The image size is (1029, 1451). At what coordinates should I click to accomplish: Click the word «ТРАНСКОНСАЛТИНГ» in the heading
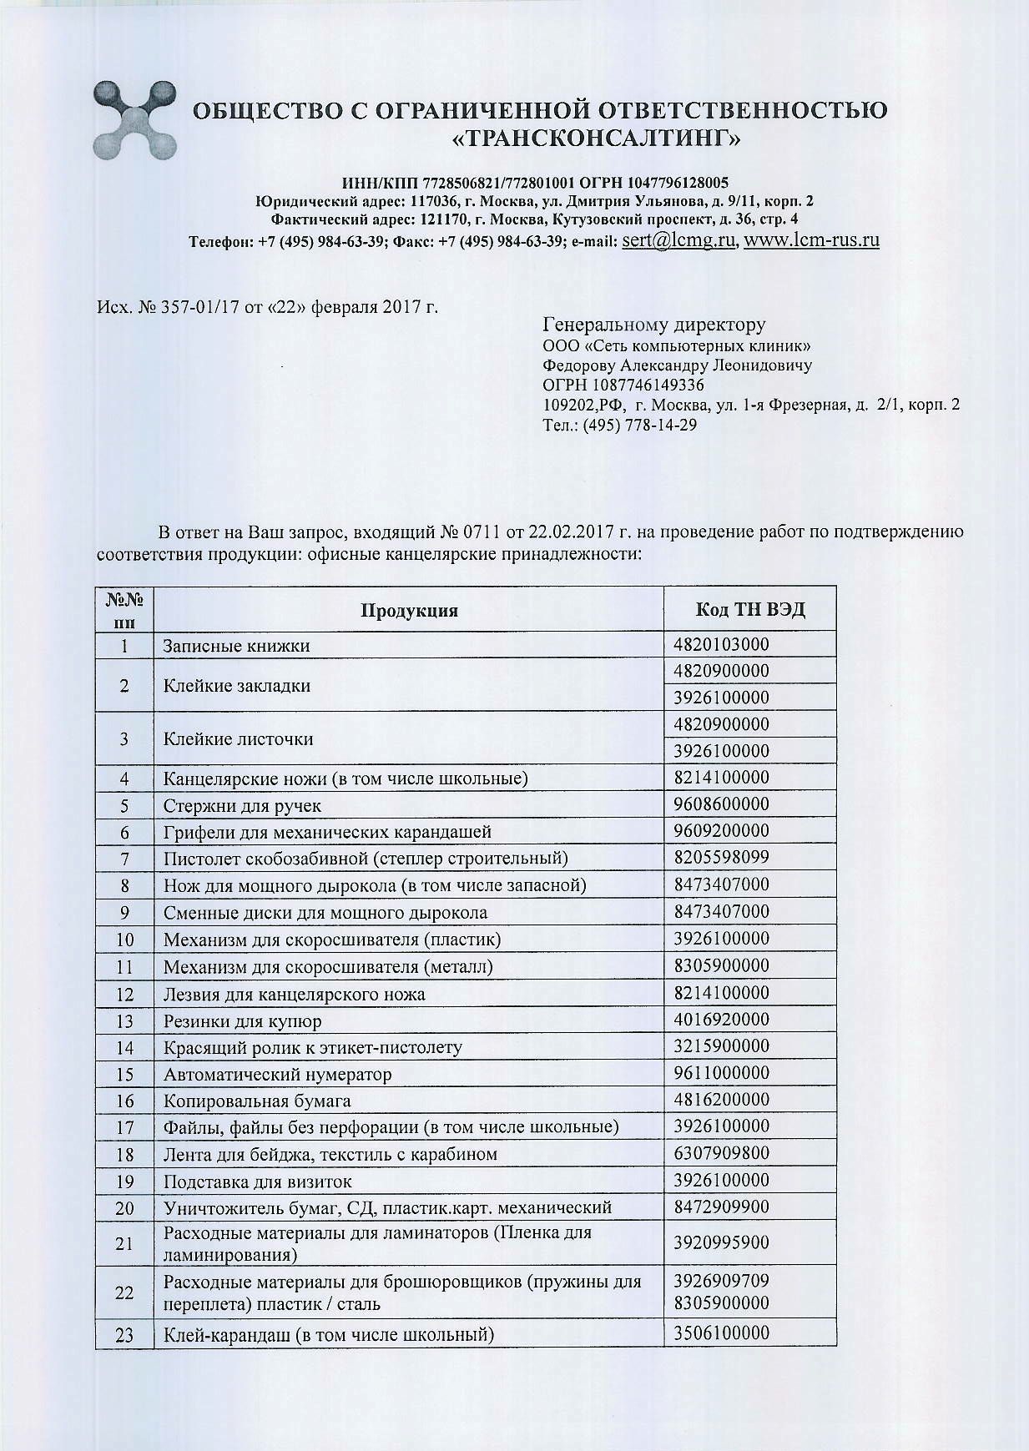tap(596, 138)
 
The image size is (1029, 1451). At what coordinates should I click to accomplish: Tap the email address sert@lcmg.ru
tap(678, 240)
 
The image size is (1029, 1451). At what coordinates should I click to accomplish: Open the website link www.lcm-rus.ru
tap(811, 240)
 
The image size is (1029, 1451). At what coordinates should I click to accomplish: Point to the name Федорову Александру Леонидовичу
tap(677, 365)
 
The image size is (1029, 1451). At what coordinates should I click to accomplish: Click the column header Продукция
tap(409, 610)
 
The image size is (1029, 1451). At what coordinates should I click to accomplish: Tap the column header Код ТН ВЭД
tap(749, 609)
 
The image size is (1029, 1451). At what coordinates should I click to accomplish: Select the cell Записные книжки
tap(236, 646)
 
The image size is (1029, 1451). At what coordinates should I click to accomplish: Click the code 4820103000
tap(721, 644)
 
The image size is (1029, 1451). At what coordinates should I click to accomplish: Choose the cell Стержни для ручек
tap(242, 805)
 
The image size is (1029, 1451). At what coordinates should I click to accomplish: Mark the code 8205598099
tap(721, 857)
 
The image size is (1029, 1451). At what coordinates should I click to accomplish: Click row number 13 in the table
tap(124, 1020)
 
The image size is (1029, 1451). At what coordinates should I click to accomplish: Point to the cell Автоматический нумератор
tap(277, 1074)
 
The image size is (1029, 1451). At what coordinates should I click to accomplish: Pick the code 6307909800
tap(721, 1153)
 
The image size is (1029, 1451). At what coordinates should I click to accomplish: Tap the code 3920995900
tap(721, 1242)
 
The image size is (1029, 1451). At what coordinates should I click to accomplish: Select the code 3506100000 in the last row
tap(721, 1332)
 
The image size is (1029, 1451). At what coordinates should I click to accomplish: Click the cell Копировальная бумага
tap(257, 1101)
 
